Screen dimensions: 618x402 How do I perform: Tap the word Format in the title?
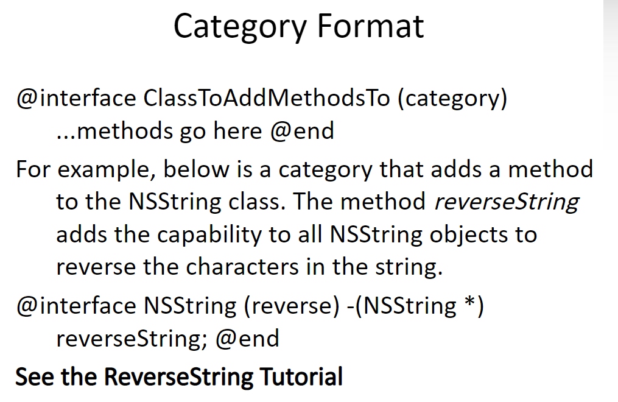tap(370, 26)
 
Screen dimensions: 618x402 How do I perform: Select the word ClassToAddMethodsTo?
tap(267, 97)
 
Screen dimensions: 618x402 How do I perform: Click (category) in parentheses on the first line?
tap(452, 99)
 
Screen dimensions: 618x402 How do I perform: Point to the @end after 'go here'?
tap(302, 130)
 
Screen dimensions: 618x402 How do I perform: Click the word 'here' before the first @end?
tap(237, 130)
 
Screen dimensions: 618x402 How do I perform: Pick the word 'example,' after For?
tap(106, 170)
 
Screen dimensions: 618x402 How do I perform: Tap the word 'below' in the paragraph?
tap(196, 169)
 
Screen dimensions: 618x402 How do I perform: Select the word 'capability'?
tap(209, 235)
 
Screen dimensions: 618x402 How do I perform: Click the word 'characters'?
tap(242, 266)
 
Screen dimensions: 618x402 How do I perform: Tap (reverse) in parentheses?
tap(292, 306)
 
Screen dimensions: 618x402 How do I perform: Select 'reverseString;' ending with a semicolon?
tap(132, 339)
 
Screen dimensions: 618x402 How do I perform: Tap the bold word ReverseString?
tap(178, 377)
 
